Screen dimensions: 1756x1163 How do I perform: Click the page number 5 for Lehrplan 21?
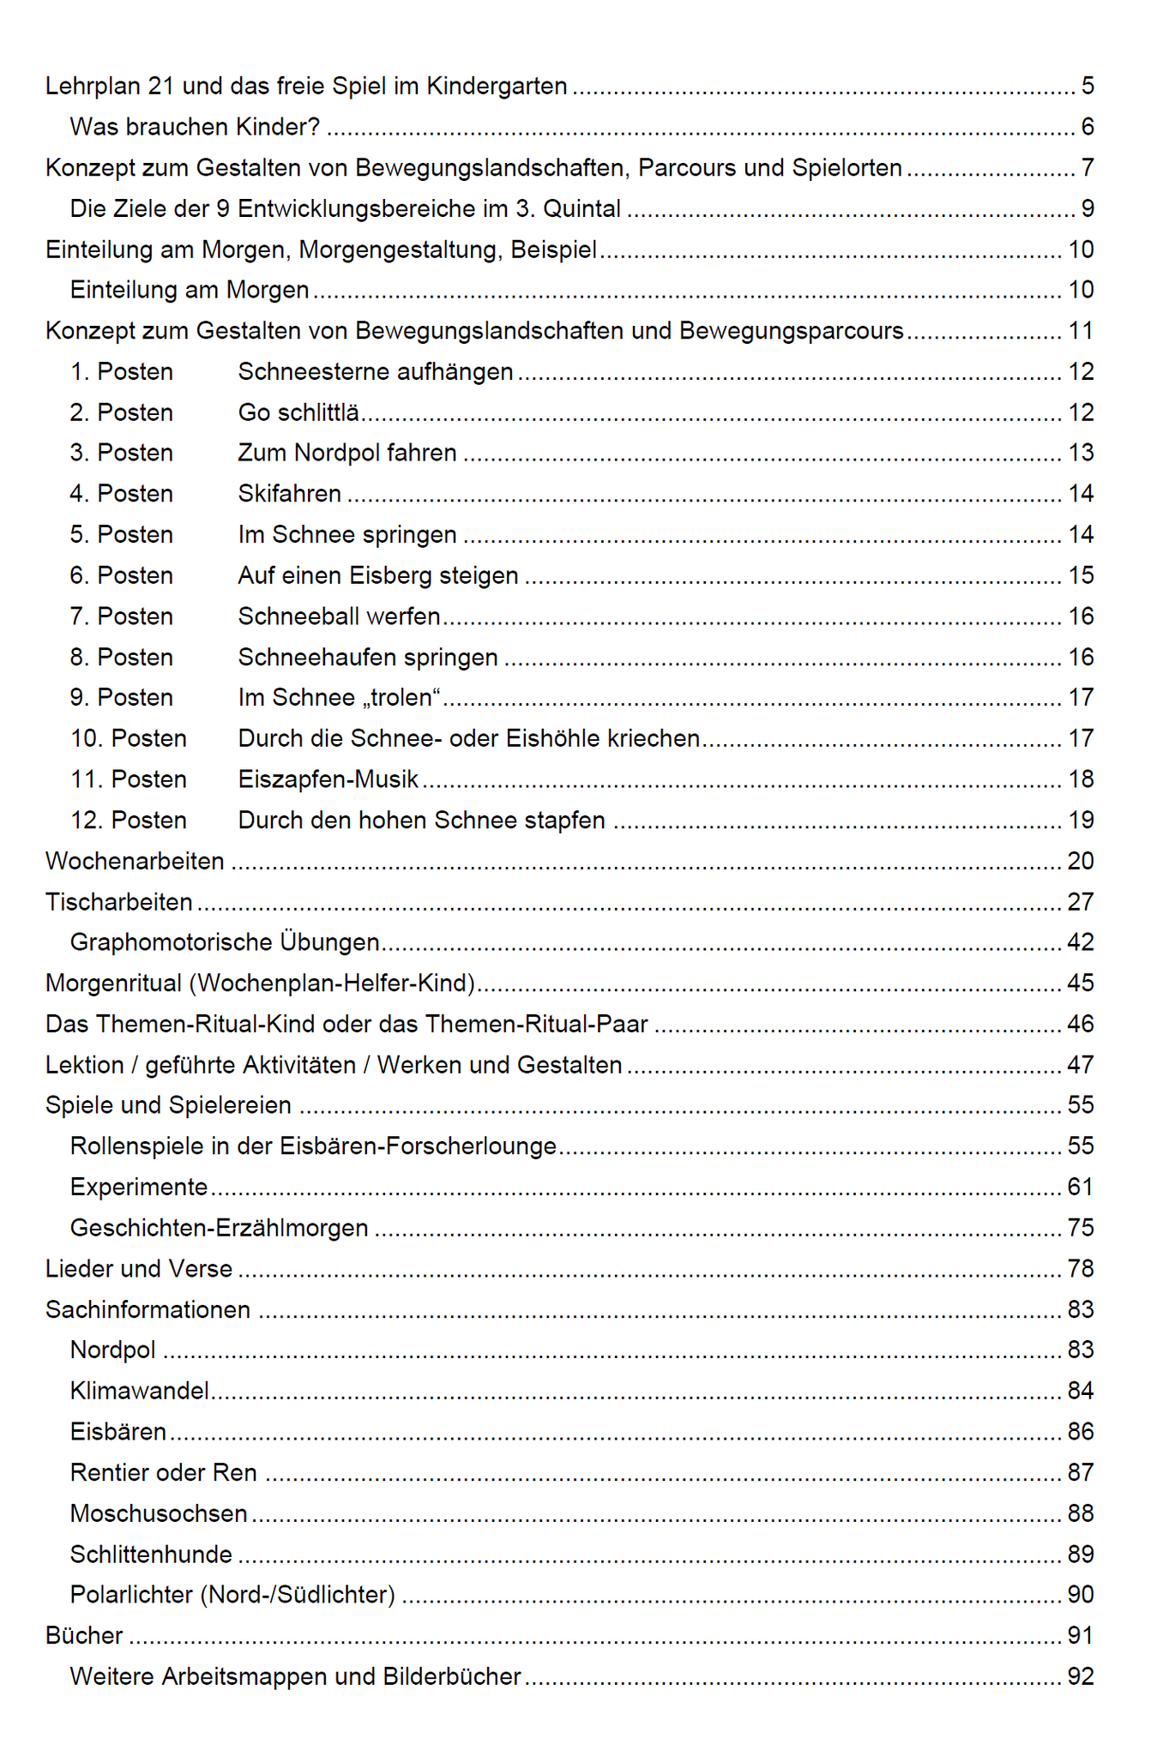click(x=1087, y=87)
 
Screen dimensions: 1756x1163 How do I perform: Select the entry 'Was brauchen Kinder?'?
click(x=195, y=127)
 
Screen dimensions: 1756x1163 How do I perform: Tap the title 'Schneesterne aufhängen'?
click(x=376, y=372)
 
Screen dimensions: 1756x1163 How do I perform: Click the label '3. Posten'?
click(x=122, y=453)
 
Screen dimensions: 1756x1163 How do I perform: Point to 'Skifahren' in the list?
click(x=290, y=494)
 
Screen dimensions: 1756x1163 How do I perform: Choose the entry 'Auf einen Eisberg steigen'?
click(x=378, y=575)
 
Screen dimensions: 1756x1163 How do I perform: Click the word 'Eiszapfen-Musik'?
click(x=328, y=779)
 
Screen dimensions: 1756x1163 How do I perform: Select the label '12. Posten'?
click(x=129, y=821)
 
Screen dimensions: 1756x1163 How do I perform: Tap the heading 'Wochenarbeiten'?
click(x=135, y=861)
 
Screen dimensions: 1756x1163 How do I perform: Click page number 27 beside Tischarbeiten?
click(x=1080, y=902)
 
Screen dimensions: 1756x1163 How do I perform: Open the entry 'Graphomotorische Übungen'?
click(x=225, y=942)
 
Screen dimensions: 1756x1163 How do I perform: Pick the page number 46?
click(x=1080, y=1024)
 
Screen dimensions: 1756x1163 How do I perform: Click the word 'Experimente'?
click(x=139, y=1188)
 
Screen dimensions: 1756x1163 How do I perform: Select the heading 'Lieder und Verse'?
click(x=139, y=1269)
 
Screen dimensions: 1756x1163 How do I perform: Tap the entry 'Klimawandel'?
click(x=140, y=1391)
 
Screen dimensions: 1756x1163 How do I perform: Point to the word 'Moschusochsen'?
click(x=159, y=1513)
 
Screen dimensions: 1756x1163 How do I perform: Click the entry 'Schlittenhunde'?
click(x=151, y=1555)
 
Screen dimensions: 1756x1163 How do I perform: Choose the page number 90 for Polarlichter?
click(x=1080, y=1595)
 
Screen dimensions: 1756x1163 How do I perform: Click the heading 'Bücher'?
click(x=84, y=1636)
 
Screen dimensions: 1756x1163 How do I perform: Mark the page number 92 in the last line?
click(x=1080, y=1676)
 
